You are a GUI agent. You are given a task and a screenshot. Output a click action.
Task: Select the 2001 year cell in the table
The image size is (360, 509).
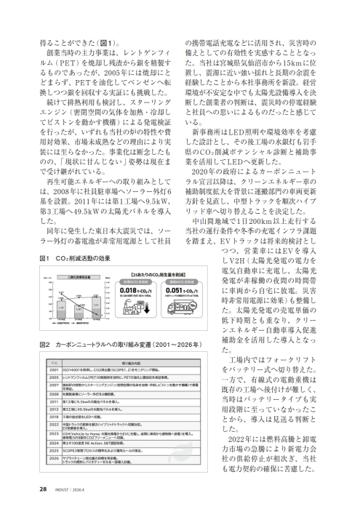(54, 370)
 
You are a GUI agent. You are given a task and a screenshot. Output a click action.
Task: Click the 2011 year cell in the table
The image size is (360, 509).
(54, 401)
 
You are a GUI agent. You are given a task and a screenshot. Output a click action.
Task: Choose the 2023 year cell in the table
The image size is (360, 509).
(54, 434)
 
